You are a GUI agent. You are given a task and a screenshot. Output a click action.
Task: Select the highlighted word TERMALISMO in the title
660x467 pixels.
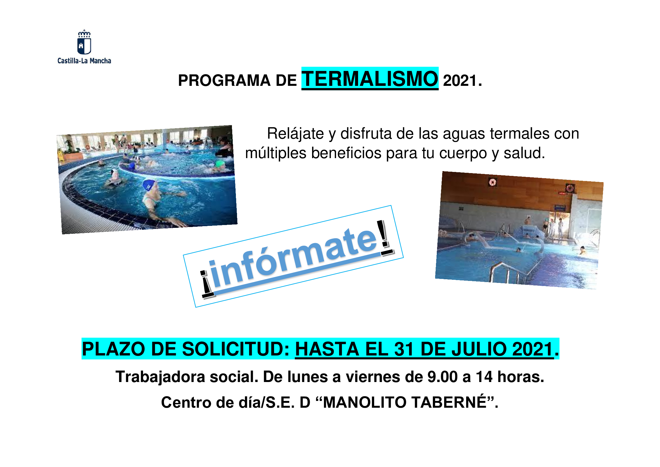[x=370, y=78]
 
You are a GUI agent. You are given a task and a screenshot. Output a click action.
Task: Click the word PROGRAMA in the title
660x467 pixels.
[x=224, y=80]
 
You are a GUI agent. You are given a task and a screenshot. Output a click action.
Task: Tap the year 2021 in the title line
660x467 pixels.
[x=460, y=80]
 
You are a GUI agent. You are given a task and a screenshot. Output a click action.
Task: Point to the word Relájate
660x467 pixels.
[x=295, y=134]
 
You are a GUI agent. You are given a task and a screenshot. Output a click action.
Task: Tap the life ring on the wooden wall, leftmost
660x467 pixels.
[x=492, y=182]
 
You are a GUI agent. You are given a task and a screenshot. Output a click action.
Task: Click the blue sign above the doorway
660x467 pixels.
[x=560, y=207]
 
